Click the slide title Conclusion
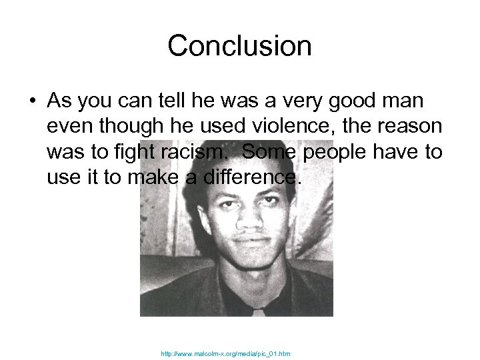[x=239, y=46]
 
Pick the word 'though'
[x=127, y=127]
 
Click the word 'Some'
[x=268, y=152]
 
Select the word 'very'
[x=298, y=101]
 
